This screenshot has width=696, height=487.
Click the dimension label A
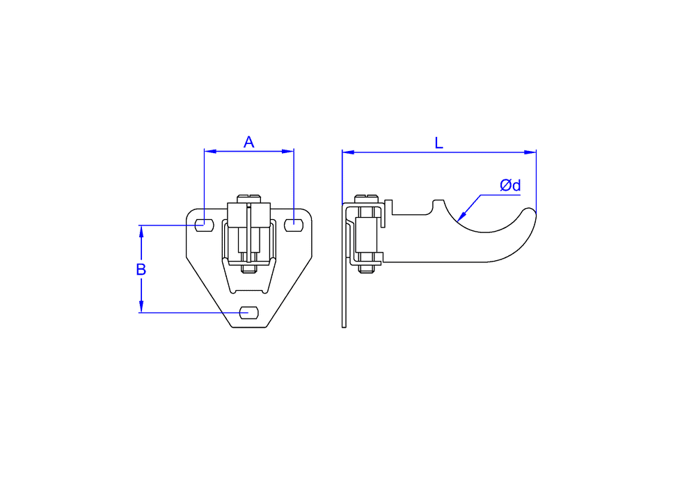click(248, 142)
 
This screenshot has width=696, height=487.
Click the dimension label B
click(141, 269)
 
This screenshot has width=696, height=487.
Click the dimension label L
click(438, 143)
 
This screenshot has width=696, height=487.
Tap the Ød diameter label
click(510, 185)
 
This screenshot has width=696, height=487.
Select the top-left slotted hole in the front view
click(204, 225)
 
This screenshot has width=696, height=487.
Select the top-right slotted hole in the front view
click(294, 225)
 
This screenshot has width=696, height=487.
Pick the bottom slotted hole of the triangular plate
click(249, 312)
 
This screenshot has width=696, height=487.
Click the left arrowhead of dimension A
click(210, 151)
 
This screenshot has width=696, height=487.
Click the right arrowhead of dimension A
click(288, 151)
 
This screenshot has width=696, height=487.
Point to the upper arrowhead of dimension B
click(141, 231)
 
